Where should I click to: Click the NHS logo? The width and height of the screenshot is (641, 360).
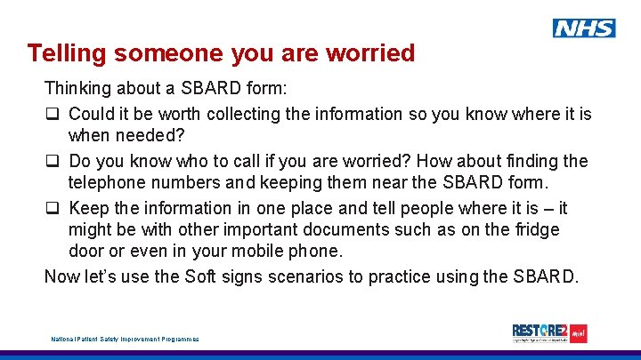583,28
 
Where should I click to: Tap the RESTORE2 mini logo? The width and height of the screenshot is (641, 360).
549,333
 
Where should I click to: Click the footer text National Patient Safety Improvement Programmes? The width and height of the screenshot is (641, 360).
124,339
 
